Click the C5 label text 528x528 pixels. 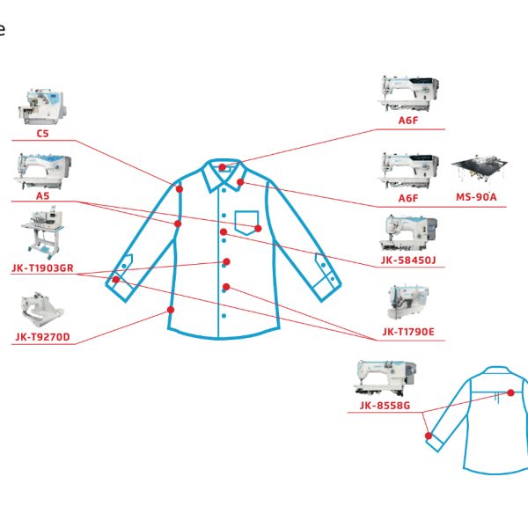coord(43,134)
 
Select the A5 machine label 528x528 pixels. coord(43,195)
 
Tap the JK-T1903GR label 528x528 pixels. coord(42,268)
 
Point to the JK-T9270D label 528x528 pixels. coord(43,337)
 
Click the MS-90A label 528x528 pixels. coord(476,197)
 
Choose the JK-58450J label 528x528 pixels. coord(408,260)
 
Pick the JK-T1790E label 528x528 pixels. coord(408,332)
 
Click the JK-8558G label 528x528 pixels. coord(385,405)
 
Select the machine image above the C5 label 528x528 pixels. coord(43,106)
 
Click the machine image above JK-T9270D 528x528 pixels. coord(42,310)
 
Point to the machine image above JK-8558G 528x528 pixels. coord(384,378)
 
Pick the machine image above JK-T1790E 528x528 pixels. coord(408,303)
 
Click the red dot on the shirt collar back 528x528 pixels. coord(223,167)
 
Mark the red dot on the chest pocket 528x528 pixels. coord(258,229)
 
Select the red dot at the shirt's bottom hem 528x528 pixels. coord(171,310)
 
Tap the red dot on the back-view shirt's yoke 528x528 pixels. coord(510,392)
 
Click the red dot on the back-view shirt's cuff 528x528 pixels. coord(429,436)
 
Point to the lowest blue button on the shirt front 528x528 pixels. coord(224,316)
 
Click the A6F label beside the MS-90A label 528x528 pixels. coord(408,198)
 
